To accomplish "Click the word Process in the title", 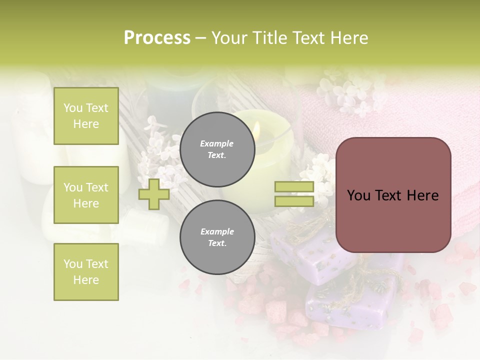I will pos(157,38).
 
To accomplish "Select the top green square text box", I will pos(86,116).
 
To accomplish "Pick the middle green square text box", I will pos(86,195).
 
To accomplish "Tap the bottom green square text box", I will pos(86,272).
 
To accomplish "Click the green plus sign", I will pos(154,194).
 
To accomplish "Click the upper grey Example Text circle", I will pos(217,149).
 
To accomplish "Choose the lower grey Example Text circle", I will pos(217,237).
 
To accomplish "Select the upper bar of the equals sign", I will pos(294,187).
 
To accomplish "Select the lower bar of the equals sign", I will pos(294,201).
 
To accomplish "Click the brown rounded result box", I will pos(393,195).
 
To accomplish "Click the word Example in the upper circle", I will pos(217,143).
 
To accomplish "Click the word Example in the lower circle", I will pos(217,231).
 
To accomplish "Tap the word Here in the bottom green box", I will pos(86,280).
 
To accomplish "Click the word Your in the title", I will pos(229,38).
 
